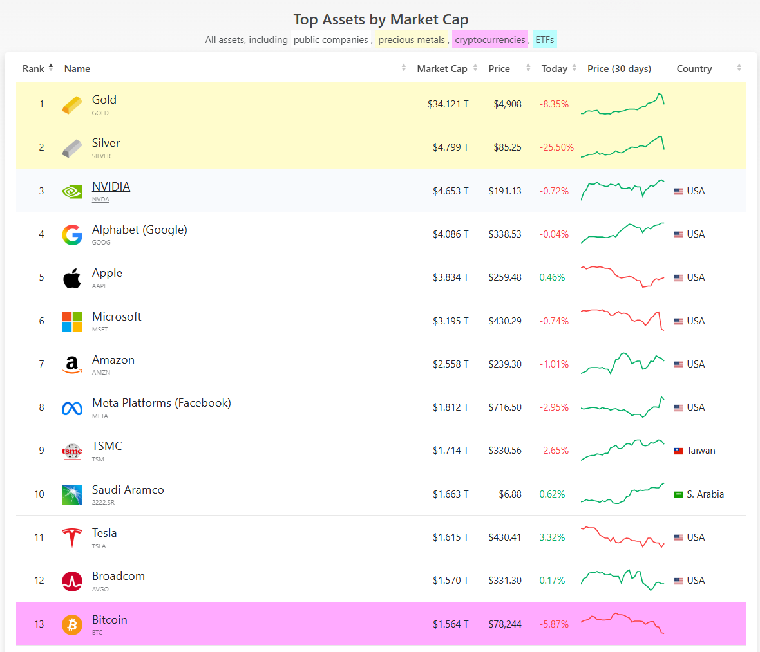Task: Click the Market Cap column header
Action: pyautogui.click(x=442, y=69)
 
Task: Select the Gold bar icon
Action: pyautogui.click(x=72, y=104)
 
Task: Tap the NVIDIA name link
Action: pyautogui.click(x=111, y=187)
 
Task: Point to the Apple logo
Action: pyautogui.click(x=72, y=278)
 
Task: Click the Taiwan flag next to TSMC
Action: pyautogui.click(x=679, y=451)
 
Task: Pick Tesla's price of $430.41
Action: pyautogui.click(x=504, y=537)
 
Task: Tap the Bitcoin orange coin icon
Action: pyautogui.click(x=72, y=624)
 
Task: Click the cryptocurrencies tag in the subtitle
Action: pyautogui.click(x=489, y=40)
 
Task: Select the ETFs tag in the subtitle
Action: pyautogui.click(x=544, y=40)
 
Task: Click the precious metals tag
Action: pyautogui.click(x=412, y=40)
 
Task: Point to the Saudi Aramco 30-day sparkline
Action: pyautogui.click(x=622, y=494)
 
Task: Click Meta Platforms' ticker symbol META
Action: pyautogui.click(x=100, y=416)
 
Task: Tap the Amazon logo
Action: pyautogui.click(x=72, y=364)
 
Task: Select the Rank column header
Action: pyautogui.click(x=33, y=69)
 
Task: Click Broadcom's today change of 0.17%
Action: pyautogui.click(x=552, y=581)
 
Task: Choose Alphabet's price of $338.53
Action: pyautogui.click(x=504, y=234)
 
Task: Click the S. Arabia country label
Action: pyautogui.click(x=705, y=494)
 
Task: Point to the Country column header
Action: pyautogui.click(x=694, y=69)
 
